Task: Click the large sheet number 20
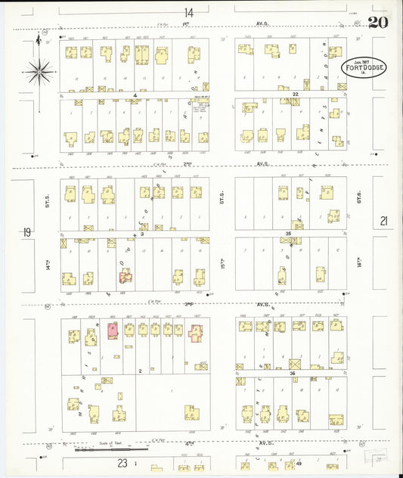pos(378,22)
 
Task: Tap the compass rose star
pos(38,72)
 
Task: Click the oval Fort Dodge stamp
pos(364,68)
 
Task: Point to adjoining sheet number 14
pos(188,12)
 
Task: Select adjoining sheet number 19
pos(26,232)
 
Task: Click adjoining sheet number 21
pos(383,221)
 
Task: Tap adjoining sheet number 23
pos(121,462)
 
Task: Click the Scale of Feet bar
pos(121,449)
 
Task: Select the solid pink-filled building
pos(113,330)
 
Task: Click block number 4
pos(135,95)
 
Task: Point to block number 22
pos(296,94)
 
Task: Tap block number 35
pos(288,234)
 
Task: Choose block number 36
pos(291,373)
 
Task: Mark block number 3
pos(141,234)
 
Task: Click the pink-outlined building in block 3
pos(125,277)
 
